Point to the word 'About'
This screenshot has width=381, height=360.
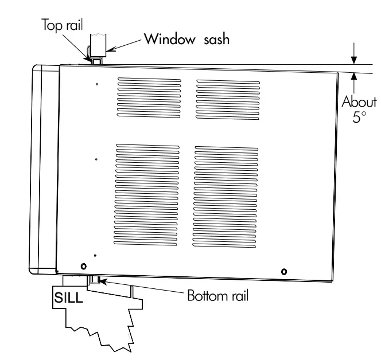pyautogui.click(x=359, y=103)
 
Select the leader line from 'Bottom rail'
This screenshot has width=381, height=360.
pyautogui.click(x=143, y=288)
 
